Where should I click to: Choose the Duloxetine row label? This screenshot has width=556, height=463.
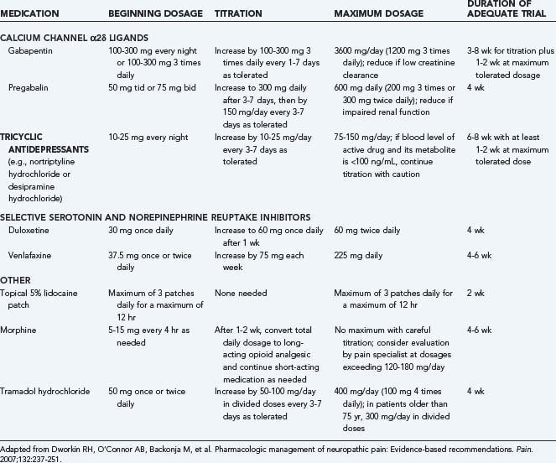(29, 229)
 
